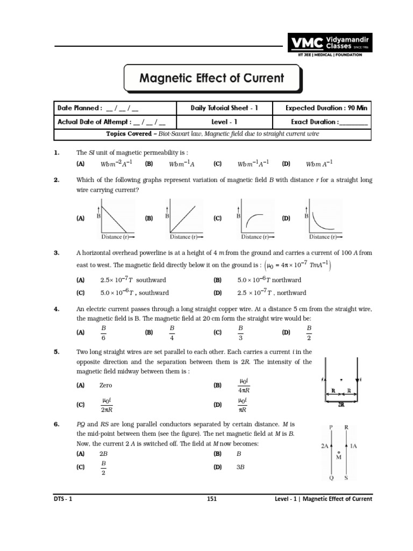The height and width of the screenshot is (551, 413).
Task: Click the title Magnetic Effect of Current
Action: click(211, 78)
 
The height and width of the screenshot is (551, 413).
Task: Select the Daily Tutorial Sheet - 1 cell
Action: click(224, 108)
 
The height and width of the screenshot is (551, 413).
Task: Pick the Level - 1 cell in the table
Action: click(224, 122)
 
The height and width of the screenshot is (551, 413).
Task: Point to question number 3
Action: click(56, 252)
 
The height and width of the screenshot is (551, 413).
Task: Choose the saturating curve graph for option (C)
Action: click(255, 217)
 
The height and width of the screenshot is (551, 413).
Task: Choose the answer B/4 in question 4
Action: click(172, 333)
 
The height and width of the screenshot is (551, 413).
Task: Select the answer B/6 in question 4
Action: click(104, 333)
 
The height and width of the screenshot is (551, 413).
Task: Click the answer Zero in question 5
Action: click(106, 385)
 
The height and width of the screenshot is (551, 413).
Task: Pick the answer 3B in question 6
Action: click(241, 467)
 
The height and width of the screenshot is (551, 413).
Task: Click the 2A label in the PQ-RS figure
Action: click(324, 446)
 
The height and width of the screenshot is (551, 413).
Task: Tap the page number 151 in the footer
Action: click(211, 499)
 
